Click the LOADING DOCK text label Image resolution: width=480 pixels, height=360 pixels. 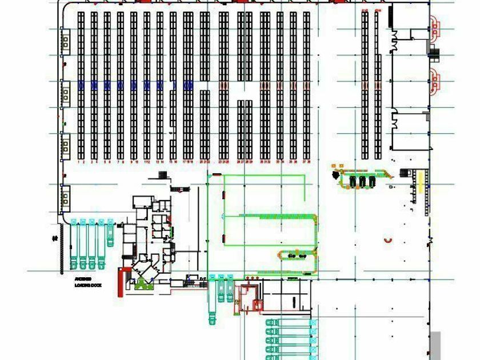(87, 281)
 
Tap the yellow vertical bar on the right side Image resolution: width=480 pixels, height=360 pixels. (421, 182)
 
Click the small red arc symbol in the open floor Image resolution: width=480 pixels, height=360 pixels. (389, 241)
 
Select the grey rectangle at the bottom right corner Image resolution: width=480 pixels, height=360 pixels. (435, 345)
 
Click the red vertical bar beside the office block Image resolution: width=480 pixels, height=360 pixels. (121, 282)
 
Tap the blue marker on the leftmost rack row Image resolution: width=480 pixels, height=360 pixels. (81, 85)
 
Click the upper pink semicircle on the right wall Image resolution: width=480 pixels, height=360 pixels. (435, 26)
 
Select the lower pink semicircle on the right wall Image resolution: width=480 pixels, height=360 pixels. (435, 80)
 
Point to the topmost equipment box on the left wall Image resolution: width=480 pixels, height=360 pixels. (66, 41)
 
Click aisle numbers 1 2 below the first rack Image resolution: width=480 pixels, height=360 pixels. (81, 162)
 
